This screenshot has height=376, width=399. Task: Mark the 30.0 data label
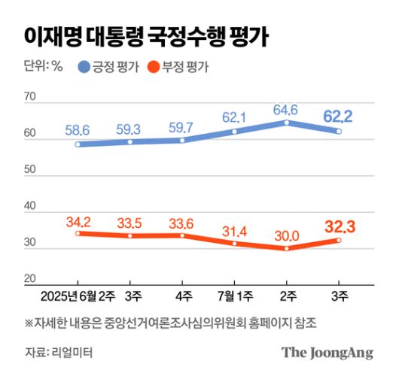286,235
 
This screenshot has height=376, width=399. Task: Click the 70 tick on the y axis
30,98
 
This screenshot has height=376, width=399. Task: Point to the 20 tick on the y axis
30,278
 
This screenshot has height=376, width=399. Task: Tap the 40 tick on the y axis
30,206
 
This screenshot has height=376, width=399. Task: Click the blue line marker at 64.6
286,123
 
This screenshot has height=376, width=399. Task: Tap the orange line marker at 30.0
286,248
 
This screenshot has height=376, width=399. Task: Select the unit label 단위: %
43,68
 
